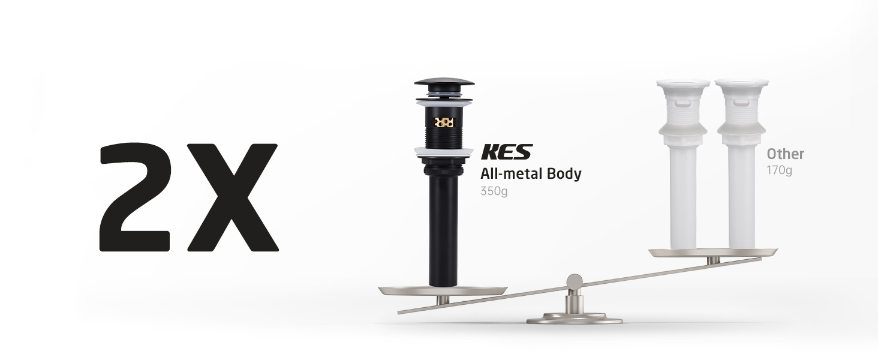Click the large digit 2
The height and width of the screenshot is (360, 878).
pos(135,197)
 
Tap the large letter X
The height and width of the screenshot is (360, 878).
pos(233,197)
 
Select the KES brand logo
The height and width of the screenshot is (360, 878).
pos(507,152)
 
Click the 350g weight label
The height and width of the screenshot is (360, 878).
pos(494,191)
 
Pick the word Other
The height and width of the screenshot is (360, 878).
pos(785,154)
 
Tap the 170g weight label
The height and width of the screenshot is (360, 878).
pos(779,170)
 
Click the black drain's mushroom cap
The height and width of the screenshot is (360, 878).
pos(444,82)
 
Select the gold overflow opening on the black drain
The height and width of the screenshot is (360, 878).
pos(444,122)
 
